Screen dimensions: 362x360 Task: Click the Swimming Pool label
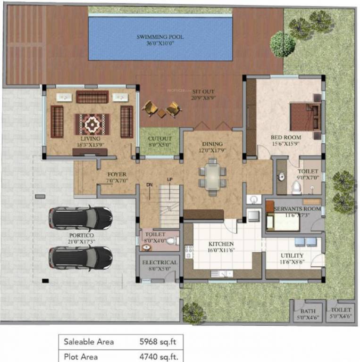pos(160,37)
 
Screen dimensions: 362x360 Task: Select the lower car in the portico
pos(80,257)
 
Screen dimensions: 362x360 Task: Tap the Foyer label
pos(116,174)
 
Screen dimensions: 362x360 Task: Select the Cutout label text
pos(160,139)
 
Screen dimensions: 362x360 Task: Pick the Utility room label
pos(292,255)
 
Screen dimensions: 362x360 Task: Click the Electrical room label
pos(159,263)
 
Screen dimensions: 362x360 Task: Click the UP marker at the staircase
pos(169,179)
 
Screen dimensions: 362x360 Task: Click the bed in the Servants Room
pos(284,221)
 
